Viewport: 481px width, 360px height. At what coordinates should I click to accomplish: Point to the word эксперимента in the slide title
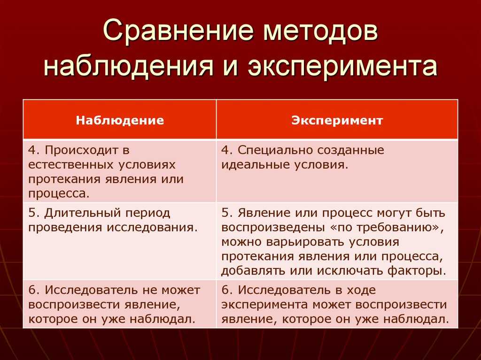pyautogui.click(x=342, y=65)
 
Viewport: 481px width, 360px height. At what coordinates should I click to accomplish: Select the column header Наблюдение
pyautogui.click(x=120, y=120)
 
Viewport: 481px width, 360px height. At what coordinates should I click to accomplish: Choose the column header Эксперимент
pyautogui.click(x=337, y=120)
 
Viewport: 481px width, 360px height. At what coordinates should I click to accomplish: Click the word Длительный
pyautogui.click(x=81, y=213)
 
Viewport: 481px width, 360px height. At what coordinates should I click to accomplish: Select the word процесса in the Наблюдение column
pyautogui.click(x=59, y=194)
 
